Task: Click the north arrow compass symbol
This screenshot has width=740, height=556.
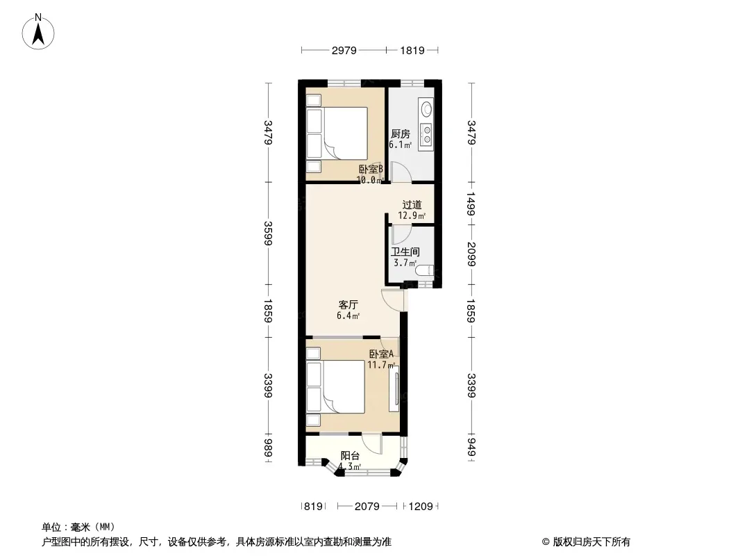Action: tap(38, 32)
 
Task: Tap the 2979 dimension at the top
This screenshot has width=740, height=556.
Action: tap(344, 50)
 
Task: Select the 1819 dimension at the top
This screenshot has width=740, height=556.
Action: tap(412, 50)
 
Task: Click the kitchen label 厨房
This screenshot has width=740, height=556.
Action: tap(401, 134)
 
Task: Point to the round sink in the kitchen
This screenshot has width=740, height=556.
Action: tap(427, 109)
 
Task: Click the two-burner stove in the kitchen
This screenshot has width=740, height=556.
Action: tap(427, 133)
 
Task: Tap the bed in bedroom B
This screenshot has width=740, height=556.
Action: tap(337, 133)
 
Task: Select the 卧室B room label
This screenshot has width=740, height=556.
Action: tap(371, 169)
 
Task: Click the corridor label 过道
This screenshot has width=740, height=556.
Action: tap(412, 205)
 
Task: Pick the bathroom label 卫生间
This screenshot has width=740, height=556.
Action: tap(405, 252)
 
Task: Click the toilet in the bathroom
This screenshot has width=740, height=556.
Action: tap(425, 270)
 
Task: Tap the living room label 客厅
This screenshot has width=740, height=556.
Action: tap(348, 304)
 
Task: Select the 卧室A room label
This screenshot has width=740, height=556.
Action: tap(381, 354)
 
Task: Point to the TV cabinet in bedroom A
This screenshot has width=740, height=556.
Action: tap(394, 389)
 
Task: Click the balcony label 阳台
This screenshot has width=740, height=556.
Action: tap(350, 456)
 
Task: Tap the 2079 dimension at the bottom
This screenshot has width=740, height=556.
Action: tap(367, 507)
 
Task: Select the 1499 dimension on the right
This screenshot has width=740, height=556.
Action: tap(471, 204)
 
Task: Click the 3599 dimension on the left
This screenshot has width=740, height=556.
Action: tap(268, 234)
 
